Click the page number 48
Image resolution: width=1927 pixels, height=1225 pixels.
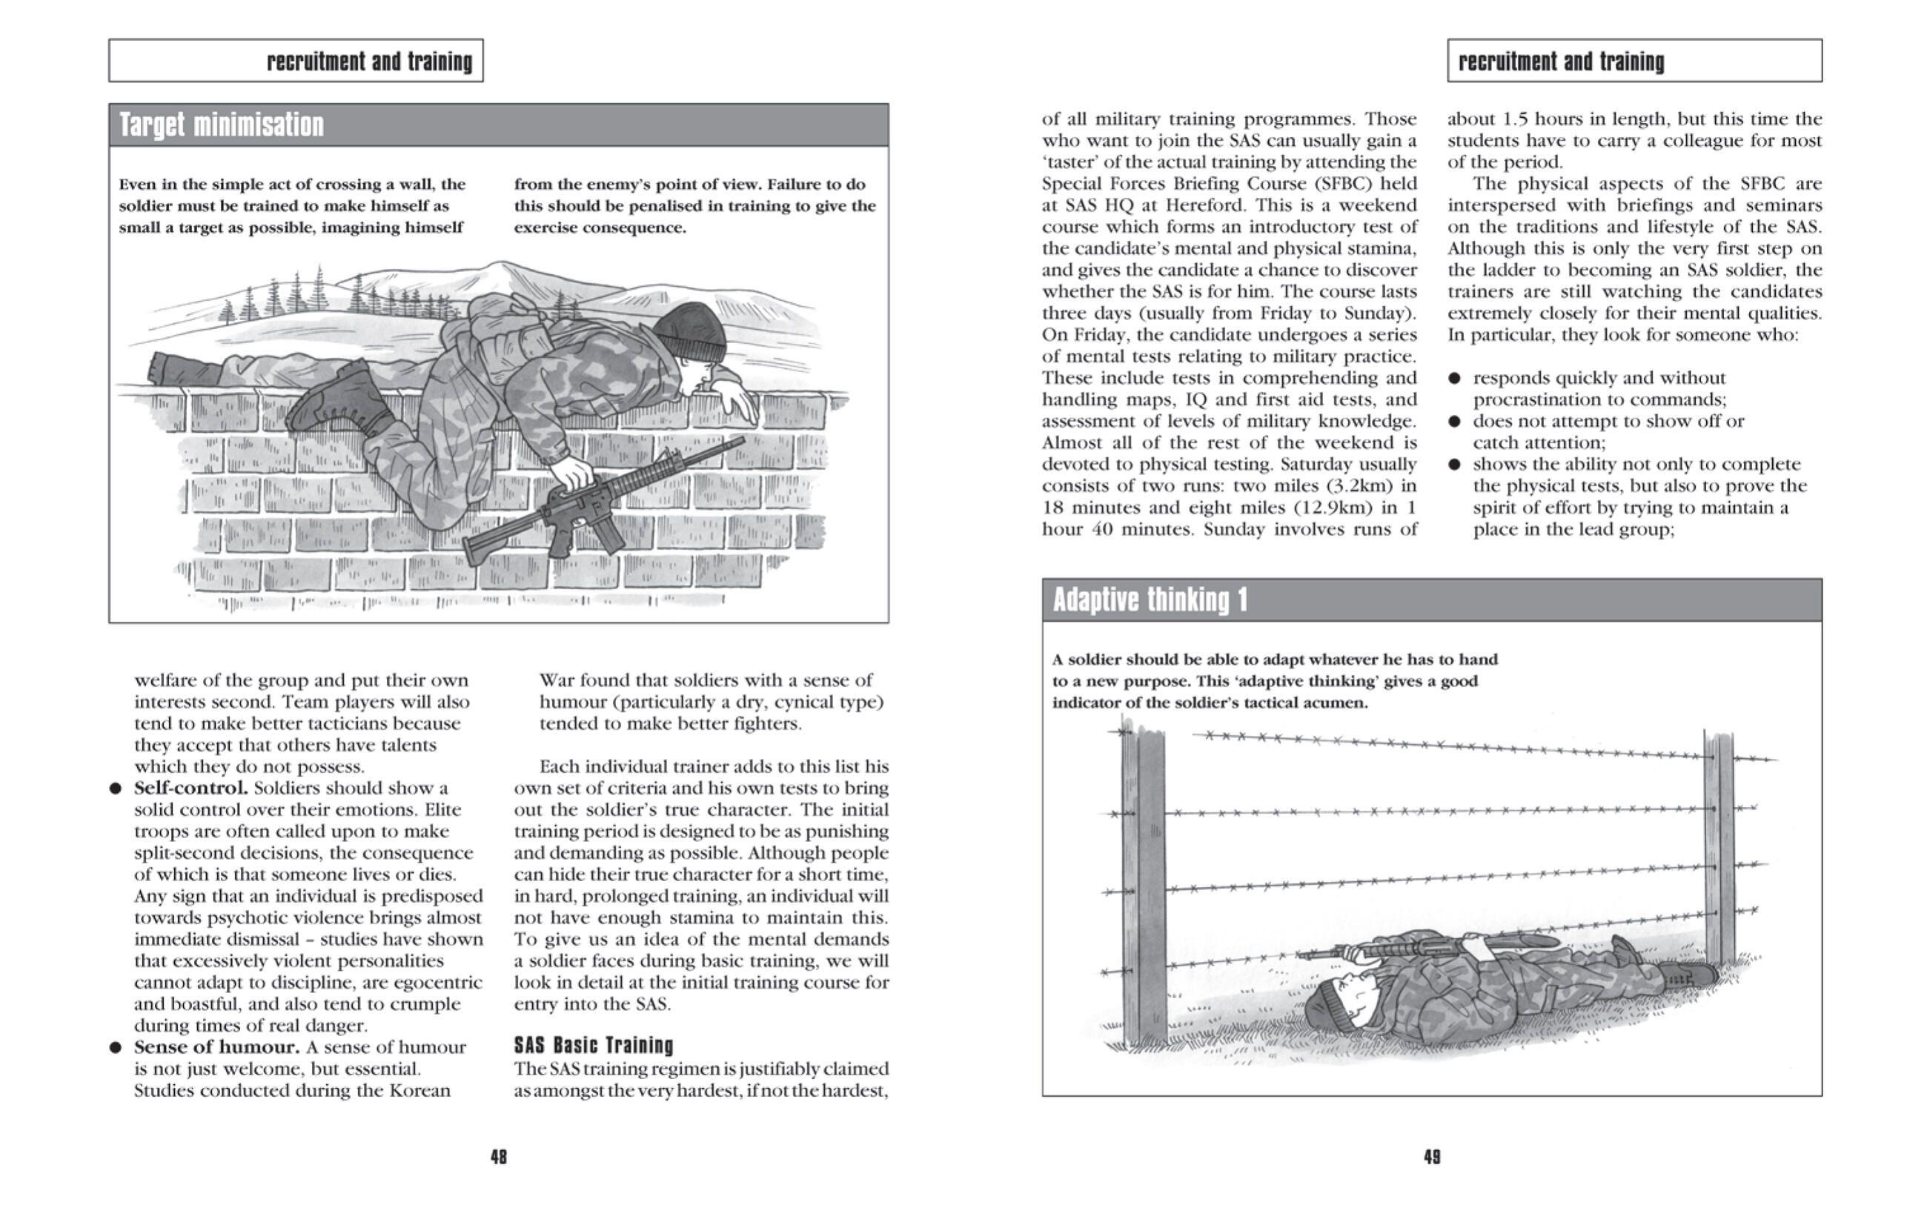499,1156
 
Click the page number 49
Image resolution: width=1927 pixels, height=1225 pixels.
1432,1156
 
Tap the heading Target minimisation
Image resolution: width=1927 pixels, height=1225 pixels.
222,126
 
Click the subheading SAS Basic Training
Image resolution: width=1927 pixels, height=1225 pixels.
593,1045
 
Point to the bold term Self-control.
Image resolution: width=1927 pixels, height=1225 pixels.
190,788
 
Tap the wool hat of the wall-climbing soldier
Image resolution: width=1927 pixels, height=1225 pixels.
691,330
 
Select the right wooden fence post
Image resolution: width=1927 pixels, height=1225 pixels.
1719,848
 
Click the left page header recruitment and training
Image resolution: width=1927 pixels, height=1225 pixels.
369,62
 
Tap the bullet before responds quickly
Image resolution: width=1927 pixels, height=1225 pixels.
1455,379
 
